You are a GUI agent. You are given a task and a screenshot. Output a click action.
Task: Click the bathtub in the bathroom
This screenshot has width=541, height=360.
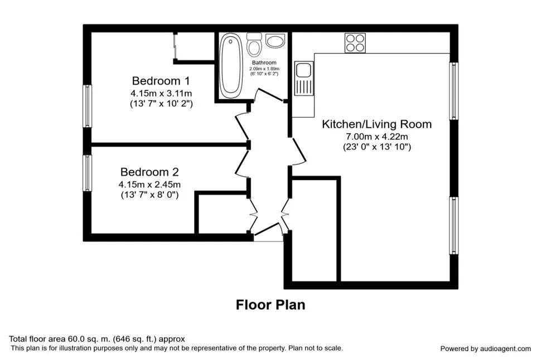click(231, 66)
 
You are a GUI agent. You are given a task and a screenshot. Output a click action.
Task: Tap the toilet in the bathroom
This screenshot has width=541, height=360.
click(254, 44)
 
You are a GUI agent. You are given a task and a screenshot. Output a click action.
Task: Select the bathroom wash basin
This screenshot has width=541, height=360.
click(275, 41)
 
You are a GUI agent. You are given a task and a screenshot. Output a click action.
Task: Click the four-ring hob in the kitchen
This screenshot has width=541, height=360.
click(355, 43)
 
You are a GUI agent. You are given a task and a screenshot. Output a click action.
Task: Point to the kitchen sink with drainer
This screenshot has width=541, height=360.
click(303, 78)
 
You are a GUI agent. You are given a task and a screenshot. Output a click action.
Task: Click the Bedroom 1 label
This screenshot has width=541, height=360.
click(161, 81)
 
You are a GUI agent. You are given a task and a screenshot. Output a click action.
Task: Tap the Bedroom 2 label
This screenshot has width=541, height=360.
click(149, 172)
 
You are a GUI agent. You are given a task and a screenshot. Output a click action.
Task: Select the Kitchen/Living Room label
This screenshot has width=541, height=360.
click(377, 124)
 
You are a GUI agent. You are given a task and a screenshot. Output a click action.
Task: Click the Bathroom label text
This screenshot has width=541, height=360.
click(264, 62)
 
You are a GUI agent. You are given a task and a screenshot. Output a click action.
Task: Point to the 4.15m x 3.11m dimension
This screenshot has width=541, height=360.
click(161, 93)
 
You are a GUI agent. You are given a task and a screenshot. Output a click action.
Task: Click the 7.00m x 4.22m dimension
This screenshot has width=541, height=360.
click(377, 137)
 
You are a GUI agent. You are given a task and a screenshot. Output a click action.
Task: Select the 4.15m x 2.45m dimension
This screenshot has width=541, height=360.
click(149, 184)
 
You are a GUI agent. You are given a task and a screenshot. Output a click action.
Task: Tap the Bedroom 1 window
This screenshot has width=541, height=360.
click(88, 106)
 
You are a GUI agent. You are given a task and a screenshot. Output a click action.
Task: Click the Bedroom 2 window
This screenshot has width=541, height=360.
click(88, 173)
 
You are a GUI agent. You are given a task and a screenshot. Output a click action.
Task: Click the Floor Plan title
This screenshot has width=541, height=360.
click(270, 305)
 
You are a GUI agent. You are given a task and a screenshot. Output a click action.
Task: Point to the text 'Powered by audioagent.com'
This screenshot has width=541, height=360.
click(485, 349)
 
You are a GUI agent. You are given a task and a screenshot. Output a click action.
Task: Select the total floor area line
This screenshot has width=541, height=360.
click(97, 339)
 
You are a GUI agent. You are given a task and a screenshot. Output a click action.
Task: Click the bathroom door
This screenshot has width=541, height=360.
click(269, 95)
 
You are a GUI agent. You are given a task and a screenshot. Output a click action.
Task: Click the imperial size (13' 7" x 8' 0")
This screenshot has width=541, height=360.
click(149, 195)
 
